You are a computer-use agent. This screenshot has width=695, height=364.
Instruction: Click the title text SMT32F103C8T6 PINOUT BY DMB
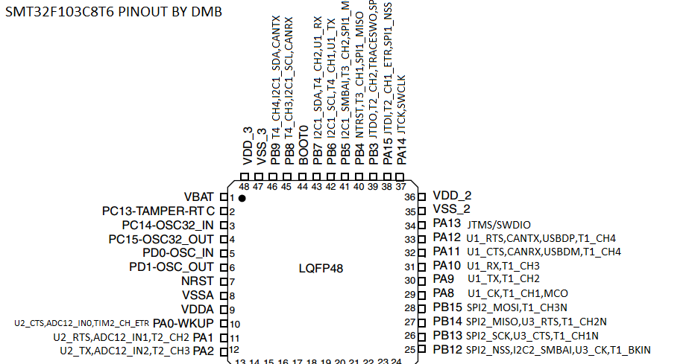point(113,13)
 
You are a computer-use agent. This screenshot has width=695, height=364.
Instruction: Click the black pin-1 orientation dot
point(242,199)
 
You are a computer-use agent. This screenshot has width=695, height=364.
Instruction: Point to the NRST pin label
point(198,281)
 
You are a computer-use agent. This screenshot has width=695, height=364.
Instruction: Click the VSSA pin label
point(198,295)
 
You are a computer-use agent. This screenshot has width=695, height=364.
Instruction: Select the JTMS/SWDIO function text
point(499,224)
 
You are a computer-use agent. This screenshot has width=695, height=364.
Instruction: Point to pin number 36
point(409,197)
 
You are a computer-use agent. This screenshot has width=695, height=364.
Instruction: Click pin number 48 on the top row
point(245,186)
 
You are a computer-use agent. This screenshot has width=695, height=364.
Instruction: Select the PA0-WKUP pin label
point(183,323)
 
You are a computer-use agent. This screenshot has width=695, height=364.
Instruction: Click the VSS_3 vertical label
point(261,146)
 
